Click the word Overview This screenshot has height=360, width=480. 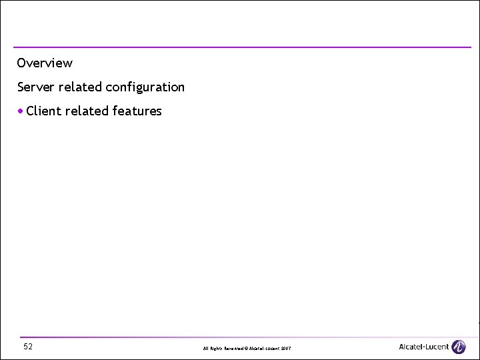[x=45, y=63]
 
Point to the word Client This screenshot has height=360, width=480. [x=44, y=111]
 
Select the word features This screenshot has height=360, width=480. [x=137, y=111]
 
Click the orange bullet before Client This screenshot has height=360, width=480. [x=22, y=111]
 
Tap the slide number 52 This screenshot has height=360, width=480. [x=28, y=347]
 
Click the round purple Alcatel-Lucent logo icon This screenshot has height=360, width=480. [x=458, y=347]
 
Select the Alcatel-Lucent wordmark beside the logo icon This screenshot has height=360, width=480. [x=424, y=347]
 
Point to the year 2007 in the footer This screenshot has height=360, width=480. [x=285, y=349]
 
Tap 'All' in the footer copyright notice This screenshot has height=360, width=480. [x=205, y=349]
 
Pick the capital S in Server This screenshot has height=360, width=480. [x=21, y=87]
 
